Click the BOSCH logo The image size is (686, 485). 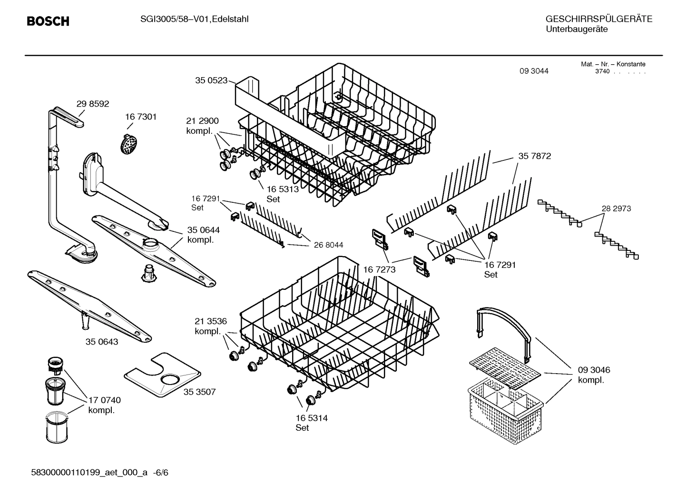click(48, 21)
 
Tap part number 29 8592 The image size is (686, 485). click(93, 104)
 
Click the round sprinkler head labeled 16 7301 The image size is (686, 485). click(128, 143)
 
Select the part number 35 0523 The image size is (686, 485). click(211, 80)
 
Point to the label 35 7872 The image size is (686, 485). click(534, 156)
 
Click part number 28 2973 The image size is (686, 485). click(616, 208)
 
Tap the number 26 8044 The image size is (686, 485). click(328, 245)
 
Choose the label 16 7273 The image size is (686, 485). click(379, 270)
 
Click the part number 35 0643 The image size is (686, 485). click(102, 342)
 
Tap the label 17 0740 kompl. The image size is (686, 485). click(104, 405)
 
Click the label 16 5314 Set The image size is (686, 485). click(311, 423)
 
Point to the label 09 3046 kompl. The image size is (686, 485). click(594, 375)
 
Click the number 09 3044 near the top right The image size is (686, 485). click(534, 71)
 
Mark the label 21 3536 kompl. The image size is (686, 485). click(210, 326)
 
